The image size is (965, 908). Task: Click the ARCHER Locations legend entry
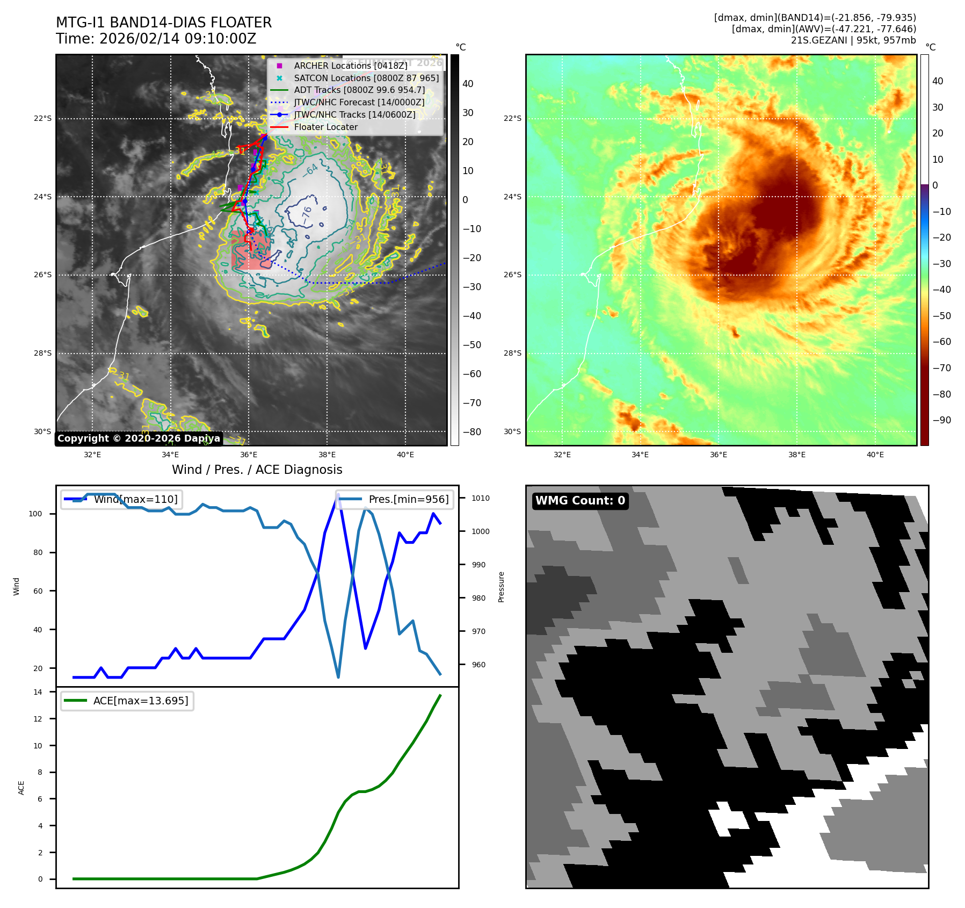point(350,66)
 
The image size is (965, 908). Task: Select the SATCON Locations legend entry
point(366,78)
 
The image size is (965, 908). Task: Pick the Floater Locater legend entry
point(325,127)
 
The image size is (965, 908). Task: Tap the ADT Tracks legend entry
point(359,90)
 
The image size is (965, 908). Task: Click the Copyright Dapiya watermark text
point(139,438)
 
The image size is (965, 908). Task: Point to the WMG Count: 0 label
point(580,501)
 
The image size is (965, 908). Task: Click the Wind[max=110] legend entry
point(135,499)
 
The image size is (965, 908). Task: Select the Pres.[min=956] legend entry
point(408,499)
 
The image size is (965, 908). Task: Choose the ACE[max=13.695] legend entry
point(141,701)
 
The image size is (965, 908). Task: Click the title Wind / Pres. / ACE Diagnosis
point(257,470)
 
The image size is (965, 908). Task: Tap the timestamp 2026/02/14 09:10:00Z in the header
point(178,39)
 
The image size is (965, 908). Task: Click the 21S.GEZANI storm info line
point(853,40)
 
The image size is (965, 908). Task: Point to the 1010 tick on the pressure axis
point(481,498)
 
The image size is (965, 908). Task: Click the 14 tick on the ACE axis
point(38,692)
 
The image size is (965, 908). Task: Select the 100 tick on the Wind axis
point(35,514)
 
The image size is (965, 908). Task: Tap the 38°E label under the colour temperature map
point(797,455)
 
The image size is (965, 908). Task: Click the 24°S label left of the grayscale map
point(43,197)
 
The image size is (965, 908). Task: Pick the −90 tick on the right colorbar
point(941,420)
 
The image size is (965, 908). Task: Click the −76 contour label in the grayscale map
point(307,215)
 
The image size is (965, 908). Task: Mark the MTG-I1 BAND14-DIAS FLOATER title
point(164,23)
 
